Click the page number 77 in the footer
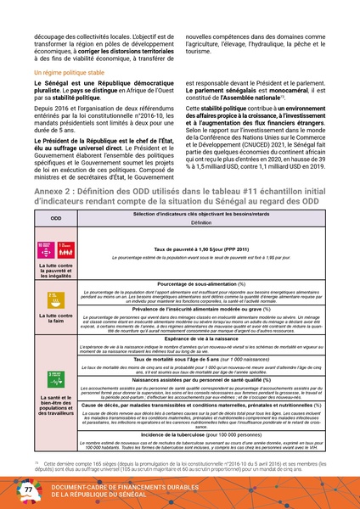[x=27, y=489]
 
